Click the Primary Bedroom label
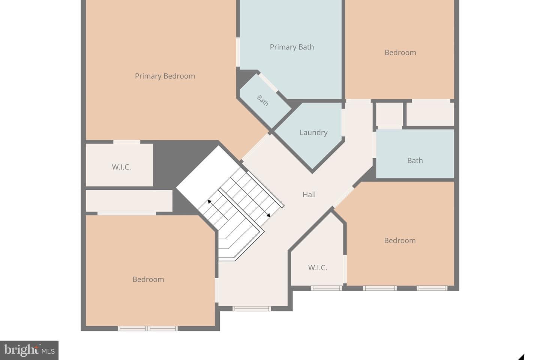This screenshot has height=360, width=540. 165,76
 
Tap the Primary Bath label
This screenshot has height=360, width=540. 292,47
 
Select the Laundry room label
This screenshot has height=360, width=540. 313,133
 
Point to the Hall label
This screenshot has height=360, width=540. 309,195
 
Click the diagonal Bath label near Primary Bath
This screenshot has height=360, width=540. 262,100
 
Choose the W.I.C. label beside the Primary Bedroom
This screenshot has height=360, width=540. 121,167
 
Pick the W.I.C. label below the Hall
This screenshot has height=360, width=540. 318,267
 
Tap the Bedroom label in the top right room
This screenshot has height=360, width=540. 400,52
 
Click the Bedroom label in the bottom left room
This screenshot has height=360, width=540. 148,279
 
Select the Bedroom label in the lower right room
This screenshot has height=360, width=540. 400,240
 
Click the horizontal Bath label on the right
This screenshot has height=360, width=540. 415,160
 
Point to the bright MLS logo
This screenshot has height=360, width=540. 29,350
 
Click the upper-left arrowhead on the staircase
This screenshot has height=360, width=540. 209,201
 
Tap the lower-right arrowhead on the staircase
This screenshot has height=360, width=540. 268,215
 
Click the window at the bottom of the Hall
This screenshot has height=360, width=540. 252,309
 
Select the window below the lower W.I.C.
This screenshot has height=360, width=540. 326,288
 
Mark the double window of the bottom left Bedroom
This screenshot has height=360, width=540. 147,328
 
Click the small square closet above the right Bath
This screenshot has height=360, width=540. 390,114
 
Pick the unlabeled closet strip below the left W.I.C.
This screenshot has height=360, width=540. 129,201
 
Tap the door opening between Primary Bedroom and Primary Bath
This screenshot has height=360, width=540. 238,52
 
